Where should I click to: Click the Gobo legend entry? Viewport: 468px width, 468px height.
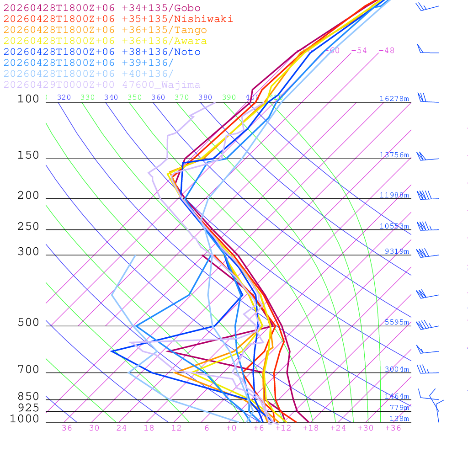click(x=102, y=8)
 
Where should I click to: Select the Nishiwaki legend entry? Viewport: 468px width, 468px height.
click(x=118, y=19)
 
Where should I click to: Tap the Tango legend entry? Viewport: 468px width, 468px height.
click(x=105, y=30)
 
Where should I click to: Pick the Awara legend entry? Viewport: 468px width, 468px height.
click(x=105, y=41)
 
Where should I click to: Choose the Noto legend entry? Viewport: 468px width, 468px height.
click(x=102, y=52)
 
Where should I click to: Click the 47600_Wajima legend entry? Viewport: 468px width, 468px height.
click(x=102, y=85)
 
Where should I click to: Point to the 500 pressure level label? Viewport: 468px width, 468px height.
click(x=28, y=323)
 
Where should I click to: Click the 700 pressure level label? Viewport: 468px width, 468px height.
click(x=28, y=370)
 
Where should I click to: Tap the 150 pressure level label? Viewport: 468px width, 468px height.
click(x=28, y=155)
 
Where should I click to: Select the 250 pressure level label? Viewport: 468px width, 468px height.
click(x=28, y=227)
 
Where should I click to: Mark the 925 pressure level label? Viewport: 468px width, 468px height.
click(x=28, y=408)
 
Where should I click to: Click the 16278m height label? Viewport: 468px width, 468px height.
click(x=394, y=99)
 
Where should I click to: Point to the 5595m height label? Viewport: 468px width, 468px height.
click(x=396, y=322)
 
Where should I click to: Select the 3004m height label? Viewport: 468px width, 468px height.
click(x=396, y=369)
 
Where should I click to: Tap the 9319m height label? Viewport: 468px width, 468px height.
click(x=396, y=251)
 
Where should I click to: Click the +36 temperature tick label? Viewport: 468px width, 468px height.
click(x=393, y=428)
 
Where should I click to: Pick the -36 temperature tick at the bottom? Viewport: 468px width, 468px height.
click(x=64, y=428)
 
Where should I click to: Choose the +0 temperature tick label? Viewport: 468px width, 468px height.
click(x=231, y=428)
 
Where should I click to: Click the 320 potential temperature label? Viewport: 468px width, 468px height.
click(x=64, y=97)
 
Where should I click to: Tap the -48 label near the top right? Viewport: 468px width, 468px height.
click(x=386, y=51)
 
